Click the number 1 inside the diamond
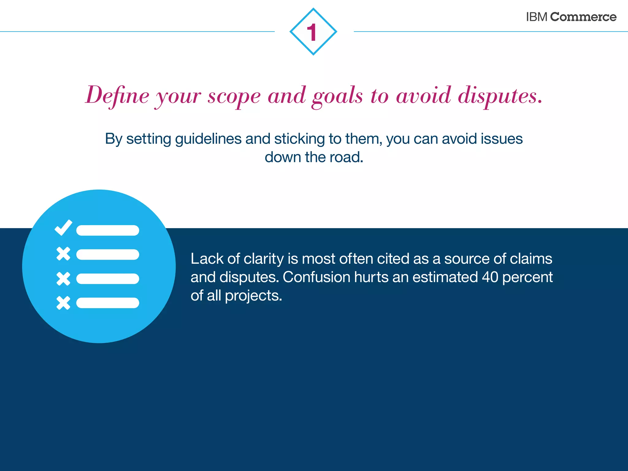click(312, 32)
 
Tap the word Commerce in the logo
click(583, 17)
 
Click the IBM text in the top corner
click(536, 17)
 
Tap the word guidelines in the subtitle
click(208, 139)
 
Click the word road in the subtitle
click(346, 157)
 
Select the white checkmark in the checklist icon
click(63, 228)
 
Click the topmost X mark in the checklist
click(63, 254)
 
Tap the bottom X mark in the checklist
click(63, 303)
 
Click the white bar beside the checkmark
click(108, 230)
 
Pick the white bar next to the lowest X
click(108, 303)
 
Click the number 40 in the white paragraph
click(490, 277)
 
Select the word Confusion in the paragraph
click(316, 277)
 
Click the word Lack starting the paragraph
click(207, 259)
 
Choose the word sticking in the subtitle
click(299, 139)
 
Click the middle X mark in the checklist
click(63, 279)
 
